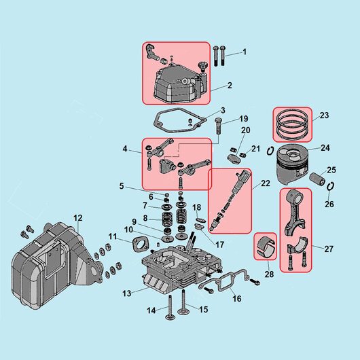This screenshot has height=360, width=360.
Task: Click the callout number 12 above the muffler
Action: [78, 217]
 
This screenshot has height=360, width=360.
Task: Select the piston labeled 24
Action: [292, 164]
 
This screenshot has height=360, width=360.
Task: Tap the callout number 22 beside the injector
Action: [266, 183]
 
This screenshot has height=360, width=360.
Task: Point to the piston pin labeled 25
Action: [317, 179]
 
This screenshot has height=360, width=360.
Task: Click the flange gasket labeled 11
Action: [140, 245]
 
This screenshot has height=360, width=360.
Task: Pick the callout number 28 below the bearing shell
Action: [269, 274]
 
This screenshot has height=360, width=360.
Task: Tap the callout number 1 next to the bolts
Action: [245, 52]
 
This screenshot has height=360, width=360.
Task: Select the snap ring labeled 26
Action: [330, 186]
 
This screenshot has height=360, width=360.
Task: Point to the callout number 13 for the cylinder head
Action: [127, 293]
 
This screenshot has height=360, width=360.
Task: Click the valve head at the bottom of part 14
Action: [170, 317]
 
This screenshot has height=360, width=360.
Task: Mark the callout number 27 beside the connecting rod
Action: [329, 249]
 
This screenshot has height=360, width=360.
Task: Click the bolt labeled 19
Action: [218, 127]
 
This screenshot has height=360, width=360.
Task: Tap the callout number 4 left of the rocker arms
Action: [125, 149]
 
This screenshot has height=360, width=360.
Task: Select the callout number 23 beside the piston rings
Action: [324, 115]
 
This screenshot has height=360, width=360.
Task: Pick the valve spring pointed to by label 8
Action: [168, 219]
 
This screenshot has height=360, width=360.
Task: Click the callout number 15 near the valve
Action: [203, 309]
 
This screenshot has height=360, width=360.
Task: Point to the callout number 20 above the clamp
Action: [245, 130]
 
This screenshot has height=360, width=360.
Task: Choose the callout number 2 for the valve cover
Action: [230, 86]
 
